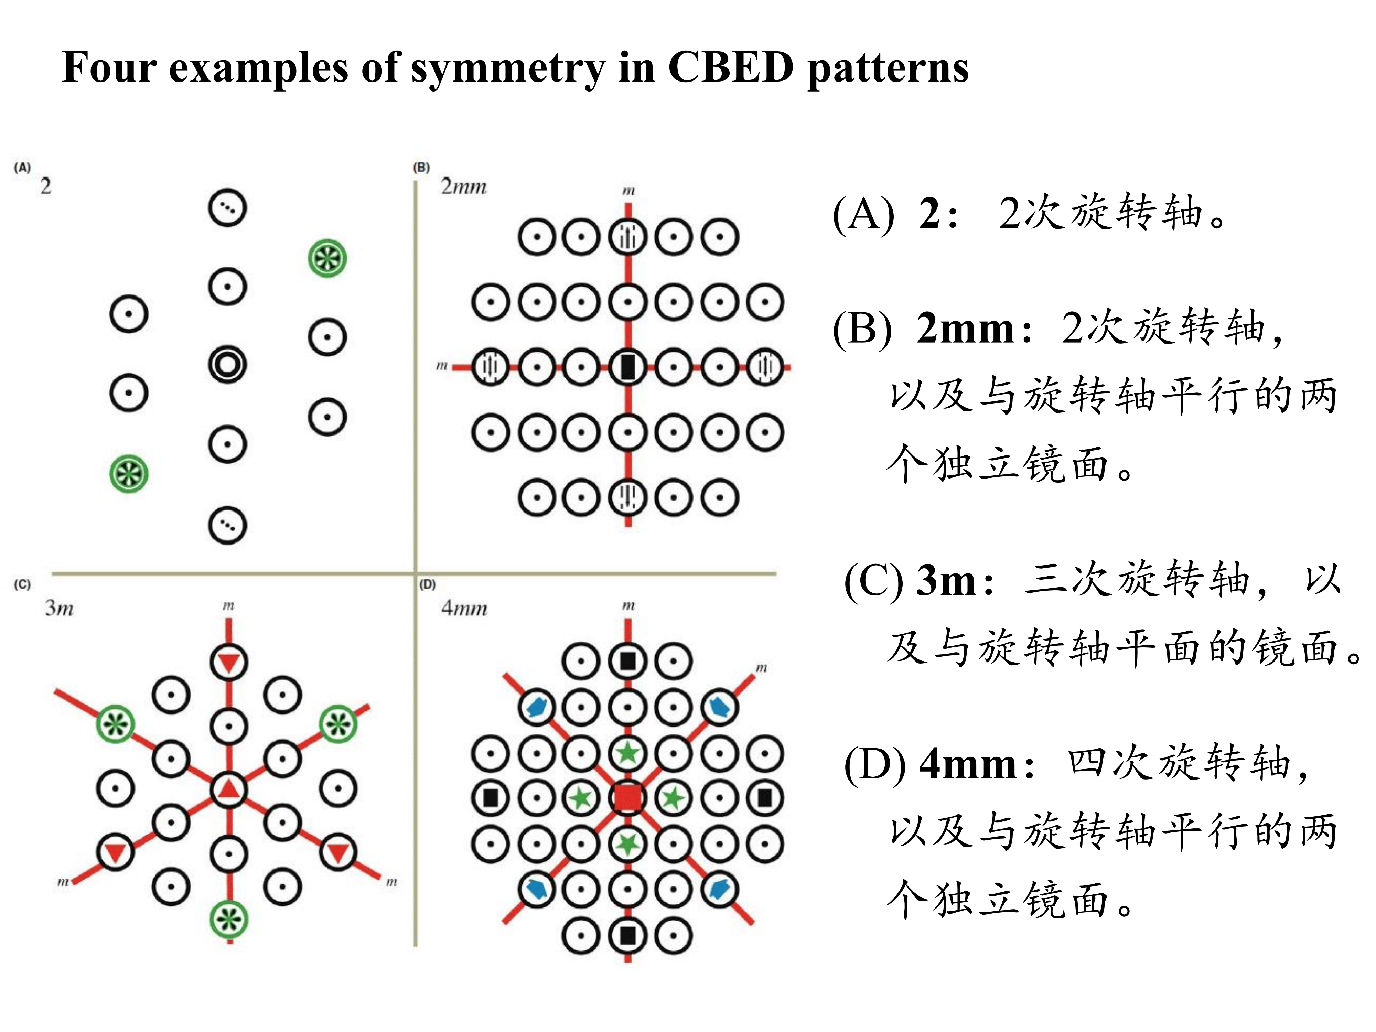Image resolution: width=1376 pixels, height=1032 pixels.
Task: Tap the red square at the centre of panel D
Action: tap(628, 797)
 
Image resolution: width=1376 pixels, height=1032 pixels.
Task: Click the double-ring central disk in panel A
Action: tap(227, 365)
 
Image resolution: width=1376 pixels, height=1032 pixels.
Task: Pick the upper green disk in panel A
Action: tap(327, 258)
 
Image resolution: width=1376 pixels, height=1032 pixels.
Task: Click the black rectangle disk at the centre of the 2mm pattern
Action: tap(628, 367)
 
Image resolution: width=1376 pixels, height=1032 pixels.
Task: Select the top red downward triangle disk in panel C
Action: tap(228, 662)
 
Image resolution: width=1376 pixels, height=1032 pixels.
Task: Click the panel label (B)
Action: tap(421, 167)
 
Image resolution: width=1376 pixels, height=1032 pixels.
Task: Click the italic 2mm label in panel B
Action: tap(463, 186)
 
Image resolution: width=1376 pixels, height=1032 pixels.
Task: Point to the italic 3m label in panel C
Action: tap(59, 608)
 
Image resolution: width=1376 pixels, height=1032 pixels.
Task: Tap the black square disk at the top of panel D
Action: tap(628, 660)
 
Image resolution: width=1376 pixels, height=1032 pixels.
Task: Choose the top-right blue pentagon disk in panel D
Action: tap(720, 707)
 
